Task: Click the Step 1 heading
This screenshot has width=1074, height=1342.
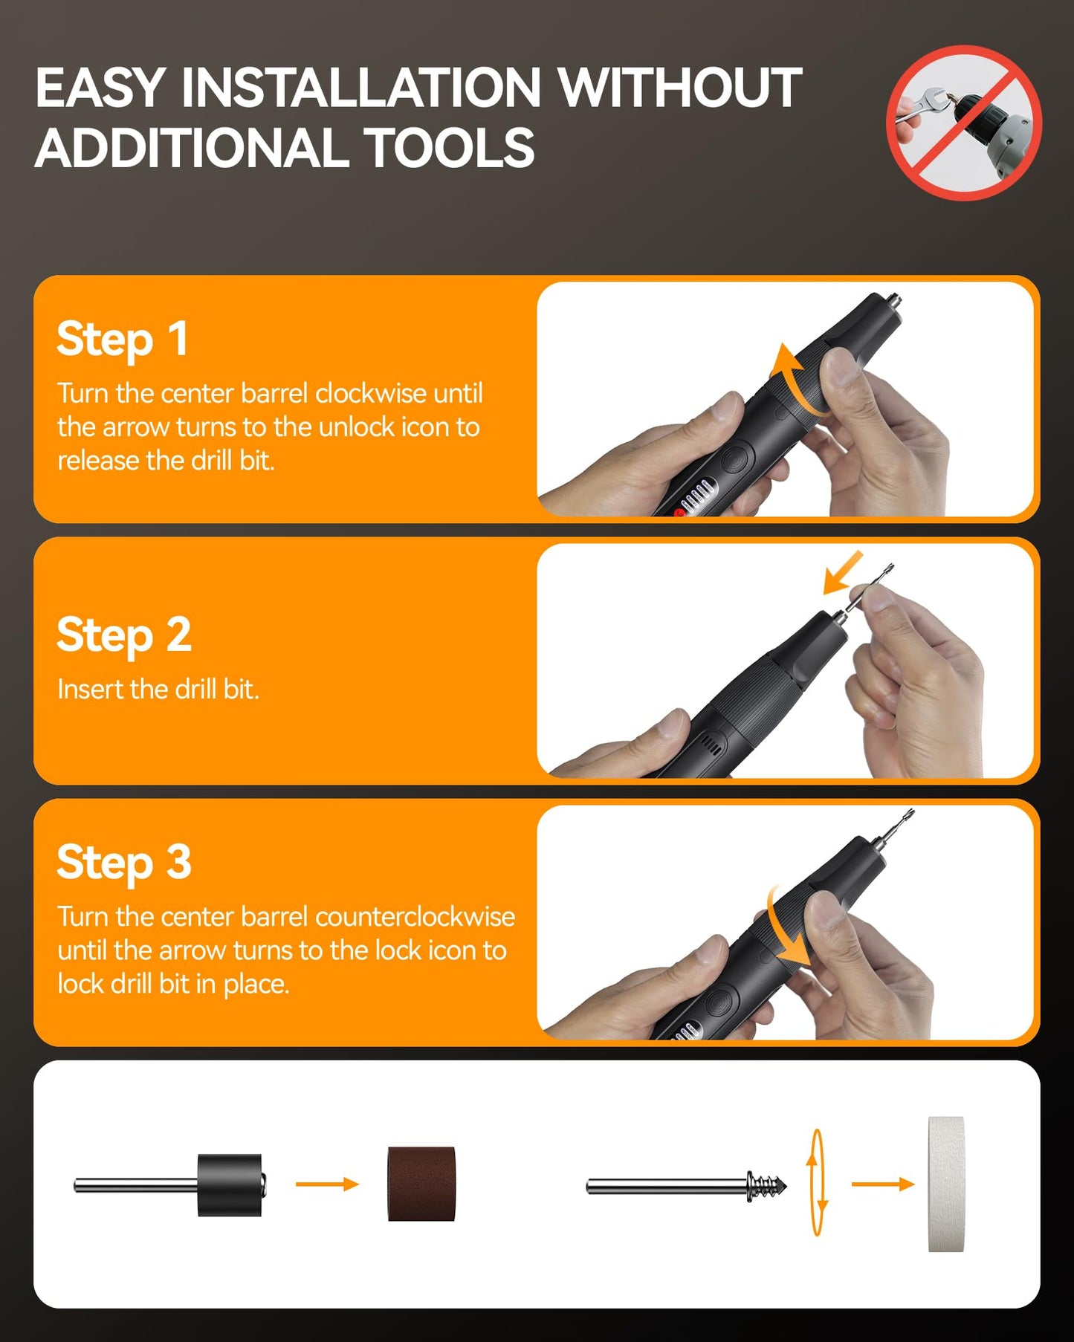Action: [123, 340]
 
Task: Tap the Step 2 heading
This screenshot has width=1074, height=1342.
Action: [124, 635]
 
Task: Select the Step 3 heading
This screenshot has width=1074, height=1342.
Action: [124, 863]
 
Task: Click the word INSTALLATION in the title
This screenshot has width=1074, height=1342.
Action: [361, 88]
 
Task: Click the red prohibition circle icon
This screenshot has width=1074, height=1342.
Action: [964, 123]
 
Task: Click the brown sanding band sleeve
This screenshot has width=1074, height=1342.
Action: [421, 1184]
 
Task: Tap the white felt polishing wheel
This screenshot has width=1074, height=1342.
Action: [946, 1184]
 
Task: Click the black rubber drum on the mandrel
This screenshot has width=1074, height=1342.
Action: [230, 1184]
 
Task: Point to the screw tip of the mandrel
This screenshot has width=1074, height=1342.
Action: [767, 1184]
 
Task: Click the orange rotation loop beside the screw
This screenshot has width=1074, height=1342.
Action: [816, 1183]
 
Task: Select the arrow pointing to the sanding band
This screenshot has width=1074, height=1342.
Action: [327, 1184]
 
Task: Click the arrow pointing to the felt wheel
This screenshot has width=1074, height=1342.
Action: [882, 1184]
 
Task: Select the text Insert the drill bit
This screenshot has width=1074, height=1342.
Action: [158, 690]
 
